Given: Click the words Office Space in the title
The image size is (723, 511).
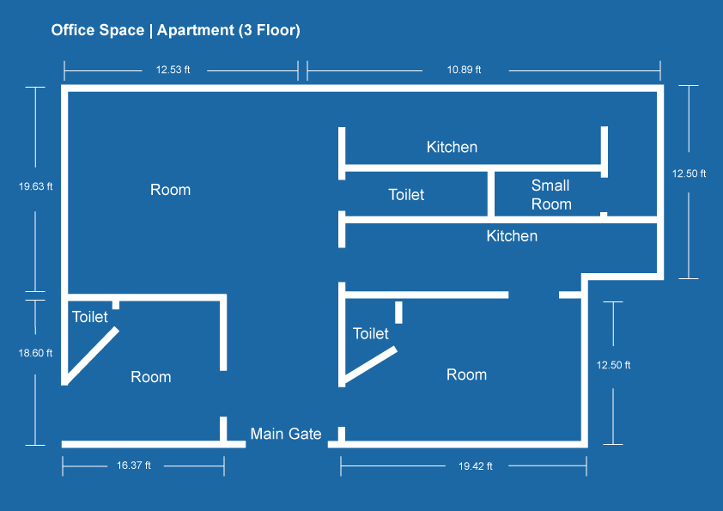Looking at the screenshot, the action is pyautogui.click(x=98, y=30).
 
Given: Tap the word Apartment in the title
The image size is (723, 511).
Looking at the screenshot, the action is pyautogui.click(x=196, y=30).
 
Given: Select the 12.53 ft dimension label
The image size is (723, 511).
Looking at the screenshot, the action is pyautogui.click(x=173, y=70).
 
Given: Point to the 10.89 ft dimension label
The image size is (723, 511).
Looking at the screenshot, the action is pyautogui.click(x=464, y=70).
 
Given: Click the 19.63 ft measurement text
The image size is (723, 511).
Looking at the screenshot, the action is pyautogui.click(x=35, y=186).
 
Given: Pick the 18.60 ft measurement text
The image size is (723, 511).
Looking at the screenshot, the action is pyautogui.click(x=35, y=353).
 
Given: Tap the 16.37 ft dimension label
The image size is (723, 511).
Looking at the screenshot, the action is pyautogui.click(x=134, y=465).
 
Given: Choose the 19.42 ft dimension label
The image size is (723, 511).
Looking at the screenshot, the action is pyautogui.click(x=476, y=466).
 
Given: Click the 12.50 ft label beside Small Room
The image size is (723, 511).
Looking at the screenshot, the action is pyautogui.click(x=689, y=173).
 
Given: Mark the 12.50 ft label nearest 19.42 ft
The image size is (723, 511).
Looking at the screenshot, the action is pyautogui.click(x=613, y=365).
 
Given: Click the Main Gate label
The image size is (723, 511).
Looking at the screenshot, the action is pyautogui.click(x=286, y=434).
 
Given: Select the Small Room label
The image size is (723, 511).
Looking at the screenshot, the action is pyautogui.click(x=551, y=195).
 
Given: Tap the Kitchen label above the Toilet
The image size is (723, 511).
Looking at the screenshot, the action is pyautogui.click(x=452, y=147).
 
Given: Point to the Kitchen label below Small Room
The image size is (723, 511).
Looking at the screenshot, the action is pyautogui.click(x=512, y=236).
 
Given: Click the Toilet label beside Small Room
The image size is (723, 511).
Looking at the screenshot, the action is pyautogui.click(x=406, y=195).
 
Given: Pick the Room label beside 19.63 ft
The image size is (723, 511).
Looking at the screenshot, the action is pyautogui.click(x=170, y=190).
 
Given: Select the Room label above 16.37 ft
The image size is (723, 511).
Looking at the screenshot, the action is pyautogui.click(x=151, y=377).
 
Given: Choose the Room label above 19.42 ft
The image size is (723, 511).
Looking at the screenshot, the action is pyautogui.click(x=466, y=374).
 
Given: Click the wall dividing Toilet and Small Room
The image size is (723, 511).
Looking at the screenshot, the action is pyautogui.click(x=491, y=194).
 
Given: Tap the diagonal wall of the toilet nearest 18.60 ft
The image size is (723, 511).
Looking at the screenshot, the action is pyautogui.click(x=91, y=354).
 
